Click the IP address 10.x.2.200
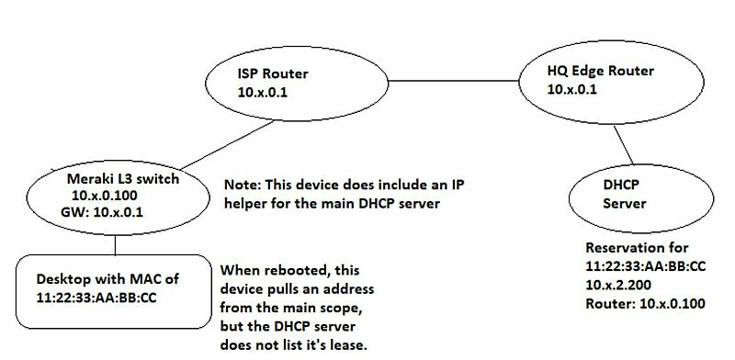tap(615, 288)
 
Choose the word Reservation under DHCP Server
tap(621, 248)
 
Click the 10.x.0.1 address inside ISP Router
tap(260, 90)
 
